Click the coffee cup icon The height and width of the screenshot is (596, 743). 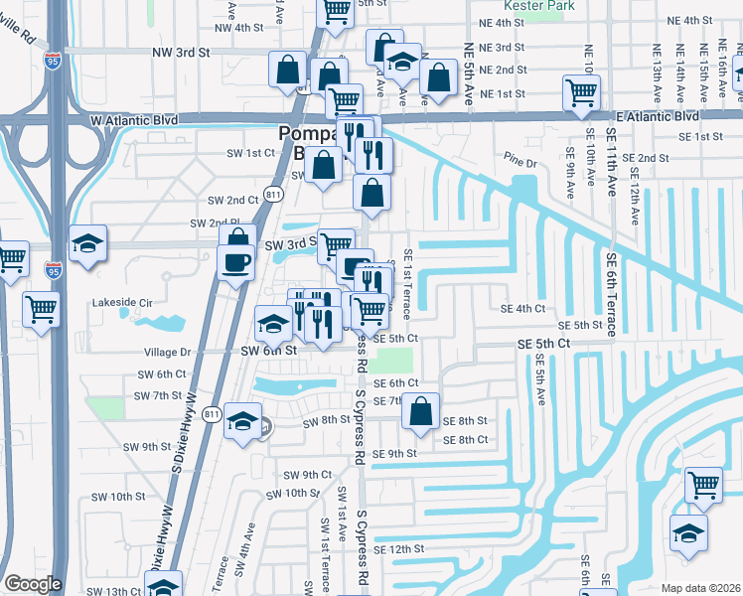[235, 263]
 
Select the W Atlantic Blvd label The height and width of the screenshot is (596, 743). [133, 119]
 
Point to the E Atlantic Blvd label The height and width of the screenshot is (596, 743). [658, 116]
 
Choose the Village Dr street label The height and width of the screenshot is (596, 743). [167, 352]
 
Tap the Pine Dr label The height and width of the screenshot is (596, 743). [519, 161]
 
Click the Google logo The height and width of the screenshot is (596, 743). [33, 584]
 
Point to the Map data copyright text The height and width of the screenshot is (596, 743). [701, 588]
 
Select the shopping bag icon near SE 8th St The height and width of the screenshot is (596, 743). [421, 411]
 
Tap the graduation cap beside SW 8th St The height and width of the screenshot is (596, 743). [241, 421]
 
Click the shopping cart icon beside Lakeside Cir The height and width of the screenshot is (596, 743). [41, 308]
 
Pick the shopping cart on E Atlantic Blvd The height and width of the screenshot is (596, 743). [581, 93]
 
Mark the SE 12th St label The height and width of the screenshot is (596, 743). [398, 548]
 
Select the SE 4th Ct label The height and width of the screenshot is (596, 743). [523, 309]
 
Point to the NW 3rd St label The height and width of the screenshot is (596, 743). [182, 51]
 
